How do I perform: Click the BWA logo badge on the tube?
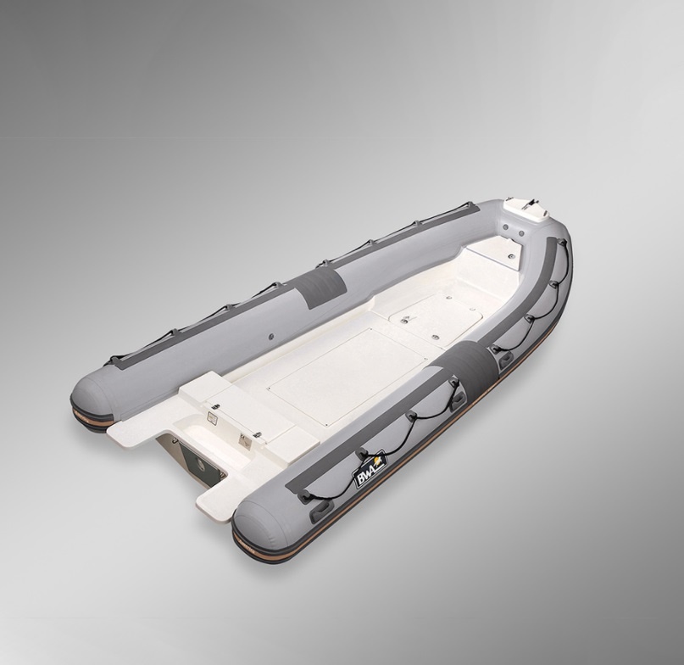pyautogui.click(x=370, y=468)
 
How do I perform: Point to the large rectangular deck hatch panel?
pyautogui.click(x=348, y=377)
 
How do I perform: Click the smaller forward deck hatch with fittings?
pyautogui.click(x=436, y=316)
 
